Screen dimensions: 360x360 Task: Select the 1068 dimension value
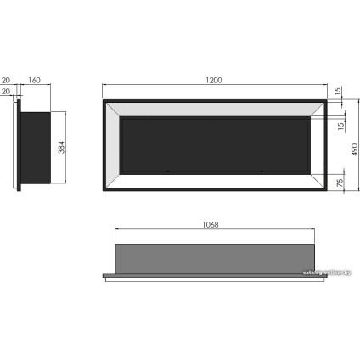coord(212,225)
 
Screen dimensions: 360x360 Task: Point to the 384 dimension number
coord(60,146)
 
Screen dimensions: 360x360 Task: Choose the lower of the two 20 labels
coord(6,93)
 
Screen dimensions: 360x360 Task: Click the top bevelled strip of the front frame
coord(216,109)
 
